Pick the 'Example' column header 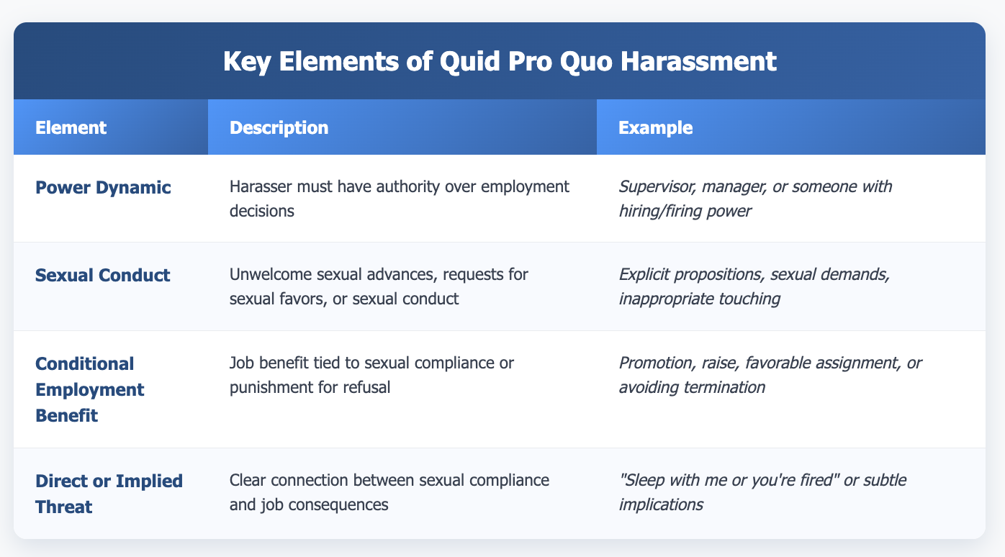tap(646, 127)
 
